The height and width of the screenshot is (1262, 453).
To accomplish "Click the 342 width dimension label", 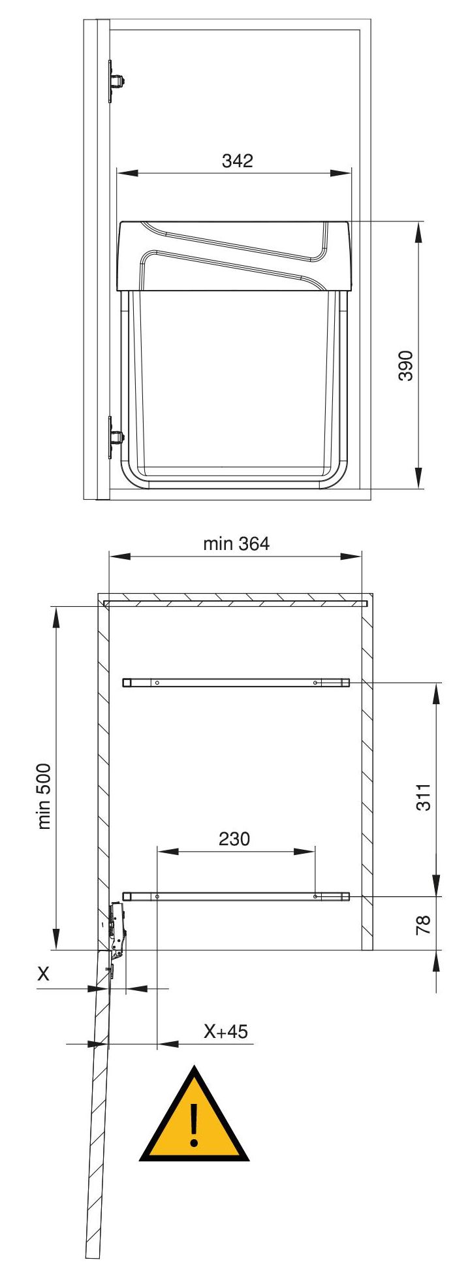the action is click(x=237, y=161).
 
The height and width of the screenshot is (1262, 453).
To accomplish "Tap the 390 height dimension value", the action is click(x=405, y=366).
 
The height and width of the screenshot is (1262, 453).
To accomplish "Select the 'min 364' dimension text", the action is click(x=236, y=543).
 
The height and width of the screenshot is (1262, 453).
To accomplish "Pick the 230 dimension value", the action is click(x=234, y=839).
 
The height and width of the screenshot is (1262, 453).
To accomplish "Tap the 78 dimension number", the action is click(x=424, y=924).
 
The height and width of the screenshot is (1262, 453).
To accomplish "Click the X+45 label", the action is click(x=226, y=1031).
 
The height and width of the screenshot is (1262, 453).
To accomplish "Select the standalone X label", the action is click(x=43, y=974).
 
